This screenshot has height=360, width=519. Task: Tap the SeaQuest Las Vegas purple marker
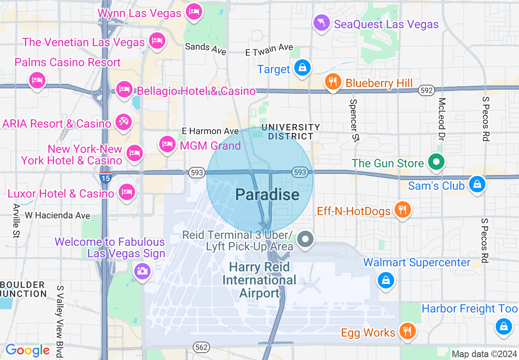coord(321,22)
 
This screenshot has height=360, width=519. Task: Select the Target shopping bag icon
coord(302,67)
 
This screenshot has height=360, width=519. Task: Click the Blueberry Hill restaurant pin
coord(333,81)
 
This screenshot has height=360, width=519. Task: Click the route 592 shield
coord(426,91)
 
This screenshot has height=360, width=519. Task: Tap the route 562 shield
coord(202,347)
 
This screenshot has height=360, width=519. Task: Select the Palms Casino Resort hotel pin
coord(37,80)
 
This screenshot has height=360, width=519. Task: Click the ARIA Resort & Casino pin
coord(123,122)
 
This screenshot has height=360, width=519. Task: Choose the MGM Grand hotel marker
coord(167,144)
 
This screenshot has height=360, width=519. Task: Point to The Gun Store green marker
coord(436,162)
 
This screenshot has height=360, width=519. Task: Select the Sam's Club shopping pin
coord(477,184)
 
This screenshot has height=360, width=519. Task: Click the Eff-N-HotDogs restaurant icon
coord(403,209)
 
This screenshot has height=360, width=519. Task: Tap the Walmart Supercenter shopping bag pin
coord(386,280)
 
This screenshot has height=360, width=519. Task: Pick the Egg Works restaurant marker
coord(407,331)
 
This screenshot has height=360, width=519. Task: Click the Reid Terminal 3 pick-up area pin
coord(305,239)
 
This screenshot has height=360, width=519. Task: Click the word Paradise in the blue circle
coord(267,194)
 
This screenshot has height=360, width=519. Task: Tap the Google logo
coord(27,350)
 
